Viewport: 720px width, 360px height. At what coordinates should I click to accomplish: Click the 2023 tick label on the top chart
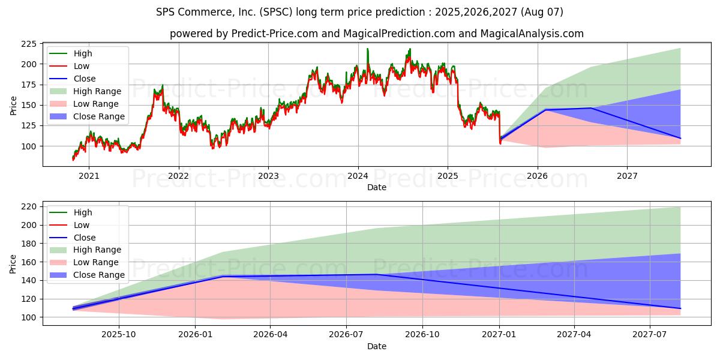coord(268,176)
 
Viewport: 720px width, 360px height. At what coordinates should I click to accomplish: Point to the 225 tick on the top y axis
coord(29,44)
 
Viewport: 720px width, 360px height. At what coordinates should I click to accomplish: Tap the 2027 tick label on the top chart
coord(627,176)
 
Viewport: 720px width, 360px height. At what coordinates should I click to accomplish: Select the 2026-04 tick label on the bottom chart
coord(270,334)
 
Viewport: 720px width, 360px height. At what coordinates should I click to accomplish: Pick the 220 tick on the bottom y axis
coord(29,206)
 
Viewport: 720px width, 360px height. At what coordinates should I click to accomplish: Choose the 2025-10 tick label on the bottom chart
coord(119,334)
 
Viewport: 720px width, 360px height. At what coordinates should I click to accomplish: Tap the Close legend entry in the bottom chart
coord(84,238)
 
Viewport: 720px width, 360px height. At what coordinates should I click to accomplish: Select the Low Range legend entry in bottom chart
coord(96,262)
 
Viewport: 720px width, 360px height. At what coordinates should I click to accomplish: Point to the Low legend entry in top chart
coord(82,66)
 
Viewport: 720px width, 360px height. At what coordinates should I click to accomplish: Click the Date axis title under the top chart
coord(376,187)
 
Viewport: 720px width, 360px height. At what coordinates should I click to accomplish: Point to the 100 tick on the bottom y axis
coord(29,317)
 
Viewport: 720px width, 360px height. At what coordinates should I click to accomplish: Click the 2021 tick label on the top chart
coord(89,176)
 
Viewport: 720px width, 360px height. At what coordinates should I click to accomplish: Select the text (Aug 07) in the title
coord(542,12)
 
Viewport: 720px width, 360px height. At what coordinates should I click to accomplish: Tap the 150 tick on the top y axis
coord(29,105)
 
